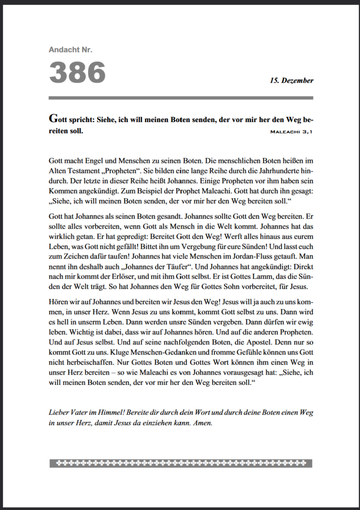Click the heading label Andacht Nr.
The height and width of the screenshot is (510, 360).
click(x=71, y=49)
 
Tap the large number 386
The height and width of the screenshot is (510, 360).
click(x=77, y=72)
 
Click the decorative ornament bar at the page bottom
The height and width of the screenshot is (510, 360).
click(x=180, y=463)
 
